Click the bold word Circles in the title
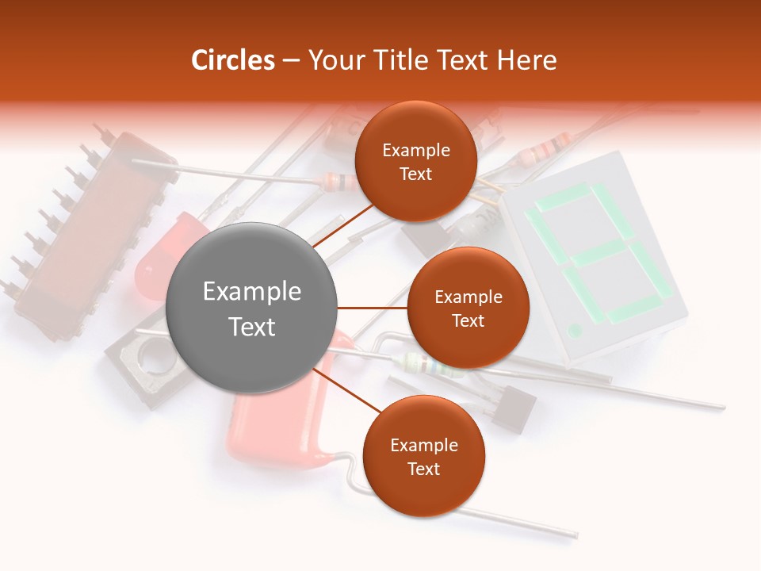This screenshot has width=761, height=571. pyautogui.click(x=232, y=60)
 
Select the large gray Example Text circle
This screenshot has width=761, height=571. pyautogui.click(x=251, y=308)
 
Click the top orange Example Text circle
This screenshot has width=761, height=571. pyautogui.click(x=415, y=161)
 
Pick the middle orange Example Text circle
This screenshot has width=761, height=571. pyautogui.click(x=468, y=308)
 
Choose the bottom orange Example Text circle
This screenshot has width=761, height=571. pyautogui.click(x=423, y=456)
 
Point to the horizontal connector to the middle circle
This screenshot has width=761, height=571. pyautogui.click(x=372, y=308)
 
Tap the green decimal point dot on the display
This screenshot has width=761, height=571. pyautogui.click(x=576, y=328)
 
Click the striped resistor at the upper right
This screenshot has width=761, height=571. pyautogui.click(x=548, y=148)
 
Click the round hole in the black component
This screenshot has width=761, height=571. pyautogui.click(x=155, y=361)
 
